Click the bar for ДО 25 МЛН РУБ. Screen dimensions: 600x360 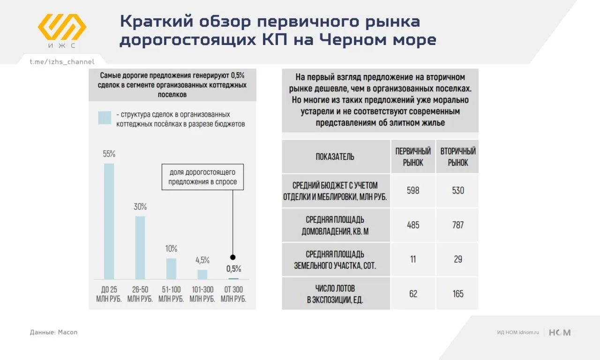[x=109, y=221]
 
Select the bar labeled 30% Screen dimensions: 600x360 [x=140, y=247]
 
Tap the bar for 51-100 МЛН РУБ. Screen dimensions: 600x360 [x=171, y=269]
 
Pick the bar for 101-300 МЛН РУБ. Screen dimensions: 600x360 [x=202, y=274]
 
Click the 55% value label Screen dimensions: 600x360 [x=109, y=154]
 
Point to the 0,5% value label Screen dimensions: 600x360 [x=233, y=269]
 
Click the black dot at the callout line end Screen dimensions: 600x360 [x=233, y=257]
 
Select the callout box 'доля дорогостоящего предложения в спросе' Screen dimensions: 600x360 [x=202, y=177]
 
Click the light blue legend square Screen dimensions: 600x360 [x=105, y=118]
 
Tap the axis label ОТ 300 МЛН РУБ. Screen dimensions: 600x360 [x=233, y=294]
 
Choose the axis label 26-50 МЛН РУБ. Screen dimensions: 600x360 [x=140, y=294]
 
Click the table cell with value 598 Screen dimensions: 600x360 [x=413, y=190]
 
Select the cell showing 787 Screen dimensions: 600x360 [x=458, y=225]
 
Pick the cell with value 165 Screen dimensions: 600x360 [x=458, y=293]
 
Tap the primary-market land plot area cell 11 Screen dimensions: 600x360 [x=413, y=259]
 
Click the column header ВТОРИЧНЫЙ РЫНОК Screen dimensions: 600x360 [x=458, y=157]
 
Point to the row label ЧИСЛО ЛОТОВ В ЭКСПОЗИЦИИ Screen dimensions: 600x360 [x=335, y=294]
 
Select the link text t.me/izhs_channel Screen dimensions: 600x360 [x=62, y=62]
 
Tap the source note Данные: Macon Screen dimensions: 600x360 [x=53, y=332]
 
